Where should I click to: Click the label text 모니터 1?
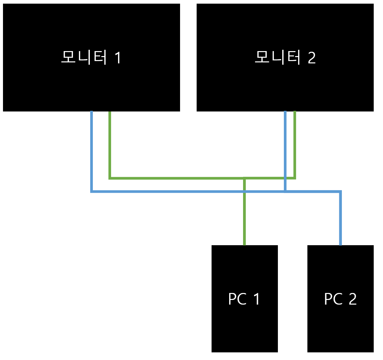click(x=91, y=57)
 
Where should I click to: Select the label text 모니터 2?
click(x=285, y=57)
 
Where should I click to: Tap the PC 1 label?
click(x=244, y=299)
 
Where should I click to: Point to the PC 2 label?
click(x=340, y=299)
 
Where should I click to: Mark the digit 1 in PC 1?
click(x=257, y=299)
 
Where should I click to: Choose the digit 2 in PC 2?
click(x=352, y=299)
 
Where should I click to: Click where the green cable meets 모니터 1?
click(x=110, y=112)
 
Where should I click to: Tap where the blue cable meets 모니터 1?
click(x=91, y=112)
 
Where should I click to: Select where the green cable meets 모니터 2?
click(x=295, y=112)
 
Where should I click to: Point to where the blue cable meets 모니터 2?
click(x=285, y=112)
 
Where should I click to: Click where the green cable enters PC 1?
click(x=244, y=245)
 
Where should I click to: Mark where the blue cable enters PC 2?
click(x=340, y=245)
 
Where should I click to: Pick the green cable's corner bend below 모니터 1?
click(x=110, y=178)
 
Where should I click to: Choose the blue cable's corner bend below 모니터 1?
click(x=91, y=191)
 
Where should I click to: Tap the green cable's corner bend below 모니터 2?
click(x=295, y=178)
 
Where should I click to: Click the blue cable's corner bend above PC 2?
click(x=340, y=191)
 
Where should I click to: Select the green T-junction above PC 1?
click(x=244, y=179)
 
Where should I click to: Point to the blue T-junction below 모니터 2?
click(x=285, y=191)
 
